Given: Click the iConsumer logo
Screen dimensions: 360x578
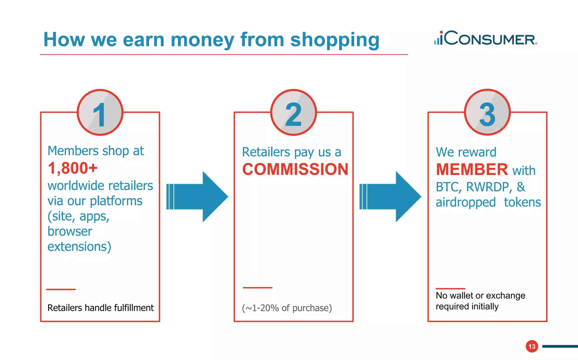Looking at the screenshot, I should pos(485,38).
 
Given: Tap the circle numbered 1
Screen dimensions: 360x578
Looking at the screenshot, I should pos(100,113).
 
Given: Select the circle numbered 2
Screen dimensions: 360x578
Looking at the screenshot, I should pos(294,113).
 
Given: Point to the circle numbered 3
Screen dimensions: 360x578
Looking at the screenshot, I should pos(487,113).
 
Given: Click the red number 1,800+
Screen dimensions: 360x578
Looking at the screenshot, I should pos(73,168).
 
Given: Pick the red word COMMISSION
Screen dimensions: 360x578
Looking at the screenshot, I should pos(295,169).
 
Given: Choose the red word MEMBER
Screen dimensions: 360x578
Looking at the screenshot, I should pos(472,169).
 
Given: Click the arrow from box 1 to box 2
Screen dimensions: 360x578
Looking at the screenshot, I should pos(197,197).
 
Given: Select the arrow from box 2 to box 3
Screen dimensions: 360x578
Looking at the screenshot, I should pos(390,197).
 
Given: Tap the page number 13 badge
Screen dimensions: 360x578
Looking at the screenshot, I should pos(532,346).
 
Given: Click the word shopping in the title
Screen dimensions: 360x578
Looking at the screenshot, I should pos(335,40).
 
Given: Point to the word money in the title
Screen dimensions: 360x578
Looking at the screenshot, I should pos(202,40).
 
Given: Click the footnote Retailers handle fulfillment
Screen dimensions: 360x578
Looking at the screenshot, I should pos(100,308).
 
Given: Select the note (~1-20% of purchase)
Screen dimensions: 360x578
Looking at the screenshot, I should pos(287,308).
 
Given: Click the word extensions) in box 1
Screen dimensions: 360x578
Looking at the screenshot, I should pos(79,246).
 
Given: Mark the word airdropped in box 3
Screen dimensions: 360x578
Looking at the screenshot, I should pos(466,202).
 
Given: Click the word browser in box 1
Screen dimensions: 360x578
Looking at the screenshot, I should pos(70,231).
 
